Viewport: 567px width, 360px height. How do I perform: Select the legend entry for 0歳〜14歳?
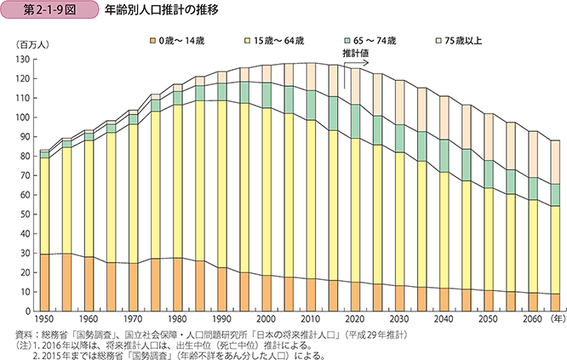181,41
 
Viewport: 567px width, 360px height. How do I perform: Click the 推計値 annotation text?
356,53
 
